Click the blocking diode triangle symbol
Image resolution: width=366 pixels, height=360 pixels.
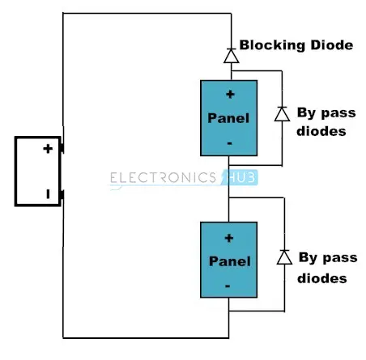click(232, 56)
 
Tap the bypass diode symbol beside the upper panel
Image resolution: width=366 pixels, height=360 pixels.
click(282, 114)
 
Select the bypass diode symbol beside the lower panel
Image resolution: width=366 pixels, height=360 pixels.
click(284, 257)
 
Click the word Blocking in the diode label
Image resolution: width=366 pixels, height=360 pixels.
click(272, 45)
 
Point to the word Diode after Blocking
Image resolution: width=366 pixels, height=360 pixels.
click(332, 45)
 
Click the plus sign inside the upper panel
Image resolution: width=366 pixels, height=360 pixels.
click(230, 95)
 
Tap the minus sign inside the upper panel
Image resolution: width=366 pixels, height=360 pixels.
click(229, 143)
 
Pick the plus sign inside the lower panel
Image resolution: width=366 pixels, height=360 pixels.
click(229, 239)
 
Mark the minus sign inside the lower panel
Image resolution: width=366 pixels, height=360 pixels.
click(228, 286)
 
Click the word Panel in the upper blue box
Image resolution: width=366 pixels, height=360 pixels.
click(228, 118)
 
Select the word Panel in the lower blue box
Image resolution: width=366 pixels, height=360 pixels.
click(230, 261)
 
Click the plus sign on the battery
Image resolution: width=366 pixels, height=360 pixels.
click(48, 149)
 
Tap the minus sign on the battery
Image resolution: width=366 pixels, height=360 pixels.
click(48, 194)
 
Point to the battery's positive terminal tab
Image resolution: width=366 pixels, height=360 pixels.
click(62, 148)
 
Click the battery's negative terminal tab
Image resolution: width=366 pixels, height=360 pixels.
click(62, 195)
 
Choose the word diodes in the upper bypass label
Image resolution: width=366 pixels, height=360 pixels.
click(321, 131)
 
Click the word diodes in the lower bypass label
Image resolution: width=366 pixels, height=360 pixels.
click(322, 278)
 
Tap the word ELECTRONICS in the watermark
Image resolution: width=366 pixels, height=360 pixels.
click(163, 178)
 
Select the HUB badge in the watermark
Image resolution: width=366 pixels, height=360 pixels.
click(240, 177)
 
